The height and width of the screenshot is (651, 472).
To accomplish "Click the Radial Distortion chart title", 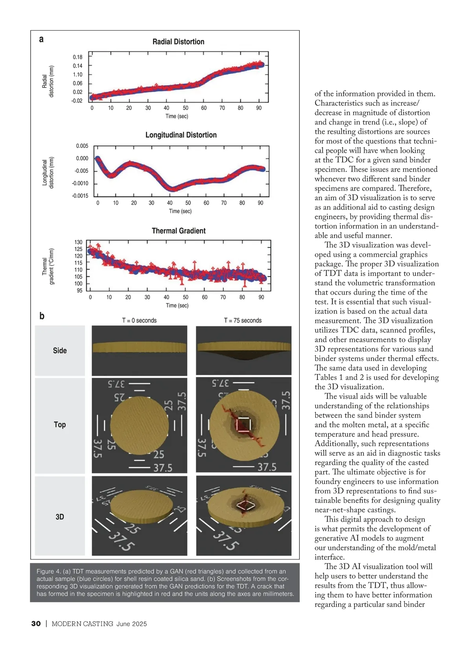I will (x=178, y=42).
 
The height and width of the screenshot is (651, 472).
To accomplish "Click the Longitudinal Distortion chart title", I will (x=181, y=135).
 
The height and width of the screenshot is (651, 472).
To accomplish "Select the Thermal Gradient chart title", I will (x=179, y=231).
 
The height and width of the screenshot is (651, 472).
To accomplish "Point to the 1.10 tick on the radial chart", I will (x=77, y=75).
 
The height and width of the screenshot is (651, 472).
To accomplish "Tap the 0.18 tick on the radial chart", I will (x=77, y=57).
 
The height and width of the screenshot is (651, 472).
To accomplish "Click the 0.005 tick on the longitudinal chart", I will (x=82, y=146).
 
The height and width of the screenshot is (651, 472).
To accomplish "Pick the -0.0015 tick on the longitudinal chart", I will (x=80, y=196).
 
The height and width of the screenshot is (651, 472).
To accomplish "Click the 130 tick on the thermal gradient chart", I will (x=78, y=242).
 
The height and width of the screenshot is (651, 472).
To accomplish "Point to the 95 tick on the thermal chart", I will (x=79, y=291).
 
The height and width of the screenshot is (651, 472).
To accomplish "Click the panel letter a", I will (x=41, y=39).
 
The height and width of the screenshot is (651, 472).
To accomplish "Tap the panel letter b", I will (x=42, y=316).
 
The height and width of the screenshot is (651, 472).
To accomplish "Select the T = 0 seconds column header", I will (x=139, y=321).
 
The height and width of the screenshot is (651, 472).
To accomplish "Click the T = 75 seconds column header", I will (x=243, y=321).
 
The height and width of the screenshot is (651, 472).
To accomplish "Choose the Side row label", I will (x=60, y=350).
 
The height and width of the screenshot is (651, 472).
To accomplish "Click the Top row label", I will (x=60, y=424).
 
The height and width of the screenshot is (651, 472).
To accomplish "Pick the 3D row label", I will (x=60, y=517).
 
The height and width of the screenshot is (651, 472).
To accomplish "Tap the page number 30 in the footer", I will (x=36, y=623).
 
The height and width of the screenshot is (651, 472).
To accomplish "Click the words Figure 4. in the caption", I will (x=48, y=571).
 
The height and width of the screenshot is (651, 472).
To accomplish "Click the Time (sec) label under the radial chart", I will (x=177, y=116).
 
